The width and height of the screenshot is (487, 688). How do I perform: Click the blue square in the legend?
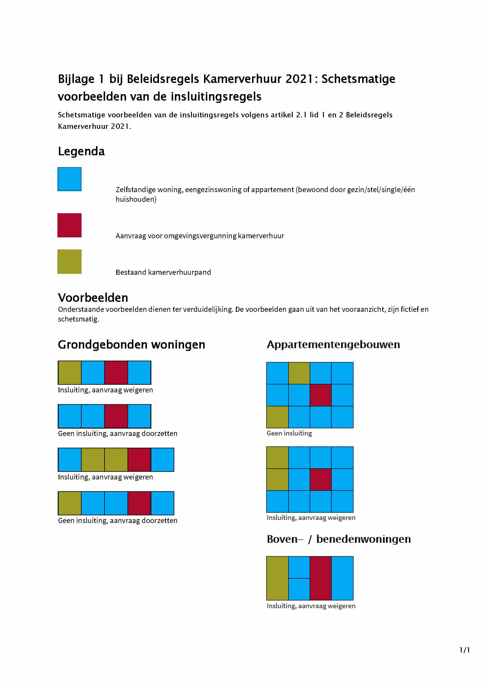69,179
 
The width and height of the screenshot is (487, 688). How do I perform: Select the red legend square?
69,225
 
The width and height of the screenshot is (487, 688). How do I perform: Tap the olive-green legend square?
69,261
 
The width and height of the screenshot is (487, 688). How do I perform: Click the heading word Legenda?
81,151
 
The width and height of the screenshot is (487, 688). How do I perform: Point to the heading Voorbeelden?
93,298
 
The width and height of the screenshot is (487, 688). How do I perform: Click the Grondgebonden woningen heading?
131,345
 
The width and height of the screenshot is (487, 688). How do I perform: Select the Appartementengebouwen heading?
333,345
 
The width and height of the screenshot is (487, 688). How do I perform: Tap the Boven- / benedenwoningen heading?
339,539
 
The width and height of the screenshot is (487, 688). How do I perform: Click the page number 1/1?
465,650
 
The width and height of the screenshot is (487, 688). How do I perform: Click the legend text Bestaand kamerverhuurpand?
163,272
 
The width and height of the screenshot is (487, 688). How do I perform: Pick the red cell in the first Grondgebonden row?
116,372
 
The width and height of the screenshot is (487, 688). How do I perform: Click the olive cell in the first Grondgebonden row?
69,372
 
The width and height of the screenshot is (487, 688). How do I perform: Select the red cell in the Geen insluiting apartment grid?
320,395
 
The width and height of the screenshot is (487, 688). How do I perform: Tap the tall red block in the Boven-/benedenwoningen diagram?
320,578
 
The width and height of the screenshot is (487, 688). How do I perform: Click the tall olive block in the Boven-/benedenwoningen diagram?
277,578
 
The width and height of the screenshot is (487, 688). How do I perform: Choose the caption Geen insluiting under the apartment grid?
289,433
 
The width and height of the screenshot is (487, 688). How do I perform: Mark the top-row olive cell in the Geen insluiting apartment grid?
299,373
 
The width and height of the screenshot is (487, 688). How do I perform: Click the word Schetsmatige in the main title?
358,79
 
